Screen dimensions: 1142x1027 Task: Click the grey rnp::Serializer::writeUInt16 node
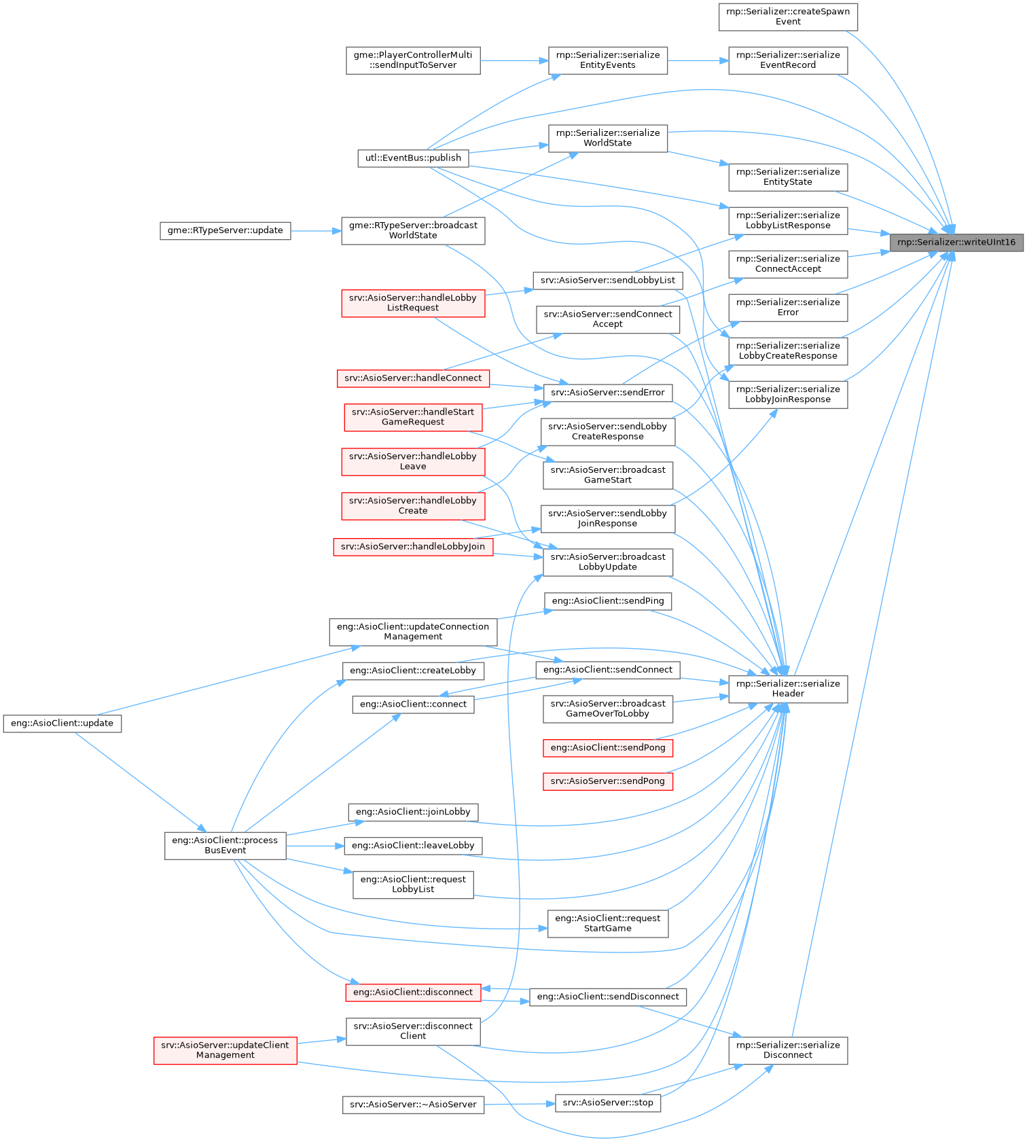click(956, 243)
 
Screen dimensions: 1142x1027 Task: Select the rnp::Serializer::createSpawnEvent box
click(788, 17)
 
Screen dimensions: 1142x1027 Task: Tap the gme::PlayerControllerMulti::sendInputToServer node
click(413, 60)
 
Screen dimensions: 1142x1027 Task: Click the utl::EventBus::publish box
click(413, 158)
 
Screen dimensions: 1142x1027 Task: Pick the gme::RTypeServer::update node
click(225, 231)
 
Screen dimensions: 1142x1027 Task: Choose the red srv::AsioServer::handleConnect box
click(413, 378)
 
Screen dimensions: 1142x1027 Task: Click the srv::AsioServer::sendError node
click(607, 393)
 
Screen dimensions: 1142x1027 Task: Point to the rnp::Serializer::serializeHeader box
click(788, 689)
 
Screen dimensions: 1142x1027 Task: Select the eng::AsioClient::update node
click(62, 724)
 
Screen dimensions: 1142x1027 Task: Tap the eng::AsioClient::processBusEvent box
click(225, 846)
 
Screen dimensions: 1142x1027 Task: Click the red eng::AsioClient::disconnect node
click(413, 993)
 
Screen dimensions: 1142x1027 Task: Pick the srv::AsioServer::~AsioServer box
click(413, 1105)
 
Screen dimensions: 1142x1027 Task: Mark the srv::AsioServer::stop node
click(607, 1103)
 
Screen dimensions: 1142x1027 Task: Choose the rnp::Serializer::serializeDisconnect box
click(788, 1050)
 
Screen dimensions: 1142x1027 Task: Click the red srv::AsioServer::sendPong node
click(607, 781)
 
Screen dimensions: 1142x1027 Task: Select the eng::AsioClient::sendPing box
click(607, 601)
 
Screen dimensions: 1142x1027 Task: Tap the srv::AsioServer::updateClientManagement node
click(225, 1050)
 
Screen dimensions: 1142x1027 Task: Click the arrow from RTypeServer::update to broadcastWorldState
click(316, 231)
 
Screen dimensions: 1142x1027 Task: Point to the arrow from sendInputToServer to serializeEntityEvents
click(514, 60)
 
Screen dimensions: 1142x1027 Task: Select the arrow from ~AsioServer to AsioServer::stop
click(520, 1104)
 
